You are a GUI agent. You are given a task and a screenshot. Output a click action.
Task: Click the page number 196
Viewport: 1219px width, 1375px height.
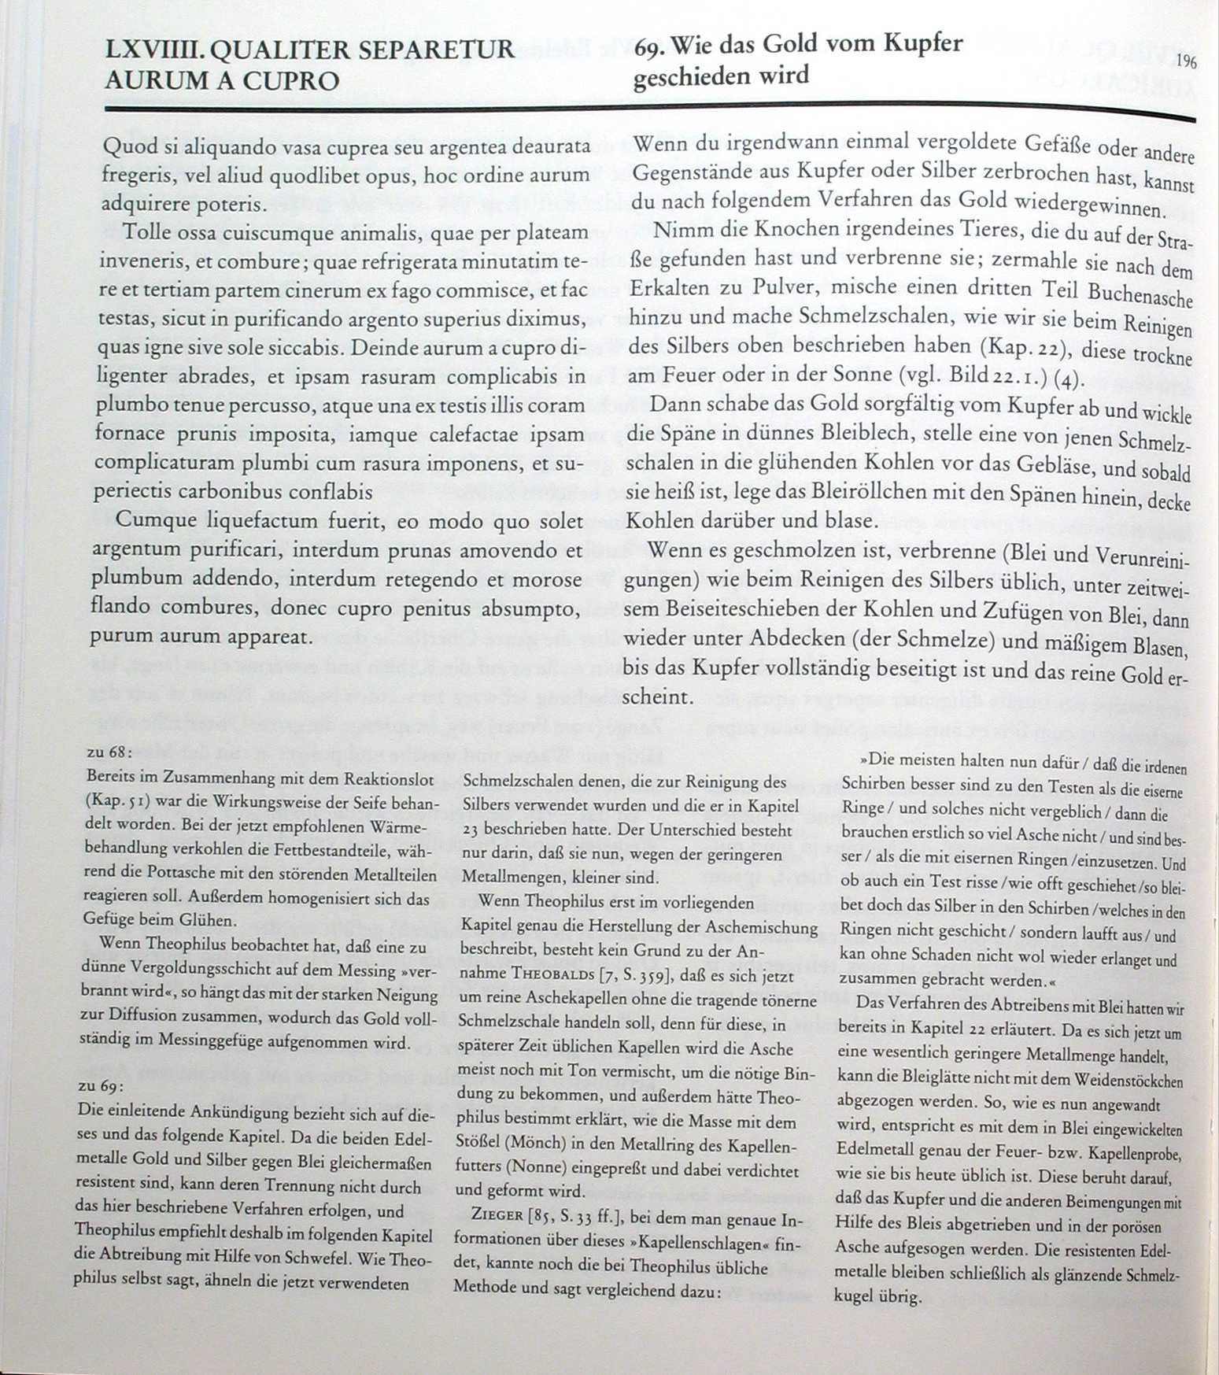coord(1187,62)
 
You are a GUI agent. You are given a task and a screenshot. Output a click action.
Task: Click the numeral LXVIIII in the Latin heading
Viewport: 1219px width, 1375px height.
coord(155,50)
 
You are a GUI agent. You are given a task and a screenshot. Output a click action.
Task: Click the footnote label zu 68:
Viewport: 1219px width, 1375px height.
coord(107,752)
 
